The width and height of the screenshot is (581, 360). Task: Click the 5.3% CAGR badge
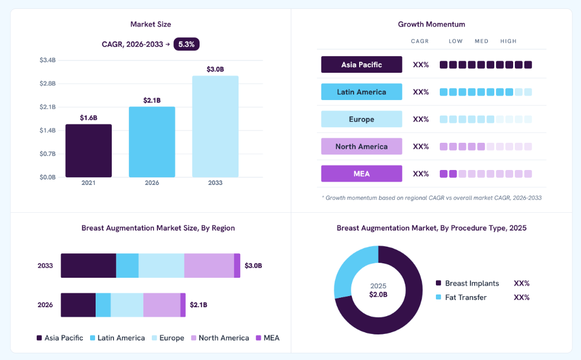186,44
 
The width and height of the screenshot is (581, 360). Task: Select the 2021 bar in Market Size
88,151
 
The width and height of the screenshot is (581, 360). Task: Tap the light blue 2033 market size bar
215,127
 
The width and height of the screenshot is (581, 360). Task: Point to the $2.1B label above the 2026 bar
152,101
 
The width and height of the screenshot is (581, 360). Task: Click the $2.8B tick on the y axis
48,83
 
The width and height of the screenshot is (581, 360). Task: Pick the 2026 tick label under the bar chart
152,183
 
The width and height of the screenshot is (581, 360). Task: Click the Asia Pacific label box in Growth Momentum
361,64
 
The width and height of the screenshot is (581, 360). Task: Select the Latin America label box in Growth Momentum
361,92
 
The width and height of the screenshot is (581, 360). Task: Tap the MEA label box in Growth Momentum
361,174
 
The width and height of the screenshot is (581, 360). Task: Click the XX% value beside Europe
421,119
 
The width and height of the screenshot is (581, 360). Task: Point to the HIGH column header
508,41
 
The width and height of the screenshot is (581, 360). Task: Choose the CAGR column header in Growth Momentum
420,41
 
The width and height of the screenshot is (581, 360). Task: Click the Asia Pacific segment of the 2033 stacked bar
88,266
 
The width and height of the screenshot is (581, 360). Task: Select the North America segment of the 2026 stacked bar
162,305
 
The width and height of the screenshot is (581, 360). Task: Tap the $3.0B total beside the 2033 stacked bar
254,266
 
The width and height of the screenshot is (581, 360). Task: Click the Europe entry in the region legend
168,338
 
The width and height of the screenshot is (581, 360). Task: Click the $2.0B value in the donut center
378,294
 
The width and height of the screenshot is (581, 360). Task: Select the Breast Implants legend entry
468,283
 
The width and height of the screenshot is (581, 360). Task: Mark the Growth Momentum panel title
431,24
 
